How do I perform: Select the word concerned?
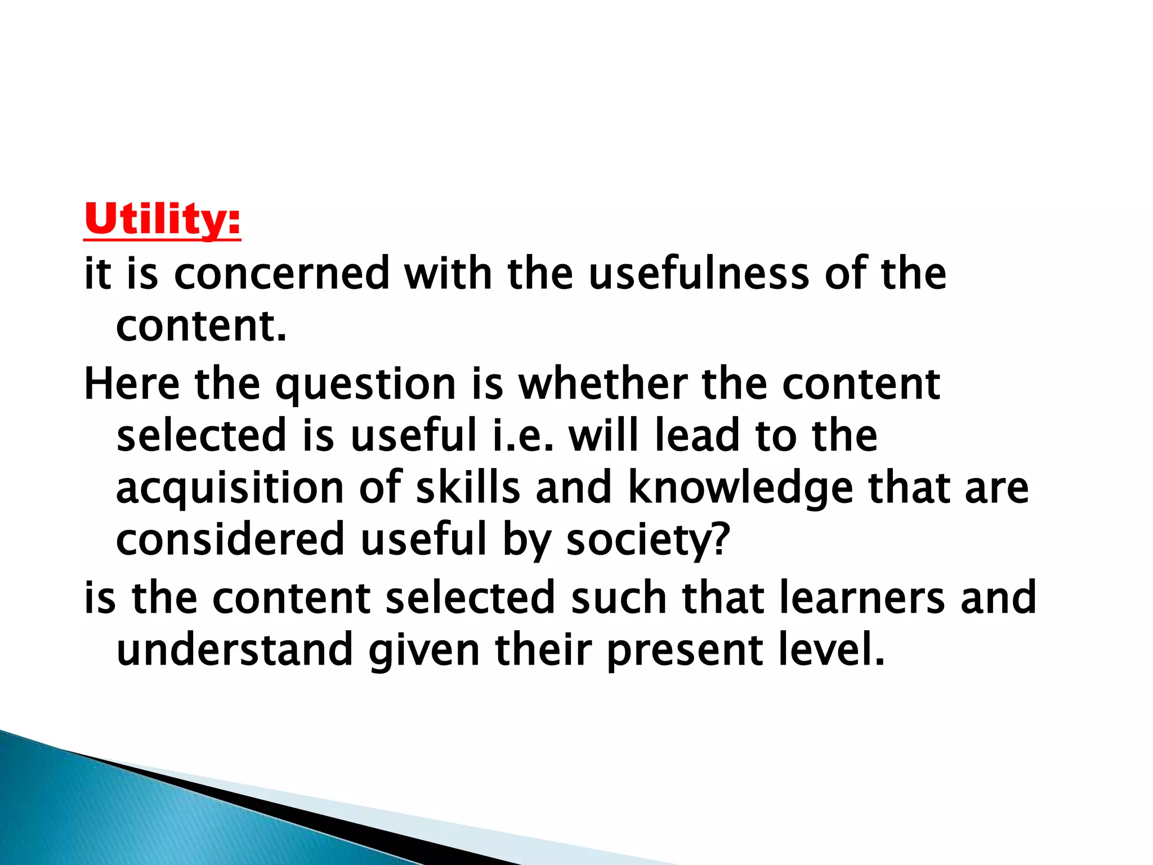click(282, 274)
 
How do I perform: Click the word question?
click(365, 385)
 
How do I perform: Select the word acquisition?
click(230, 489)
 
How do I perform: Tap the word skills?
click(468, 488)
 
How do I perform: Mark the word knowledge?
click(740, 489)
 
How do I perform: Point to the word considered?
click(230, 539)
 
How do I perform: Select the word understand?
click(234, 650)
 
